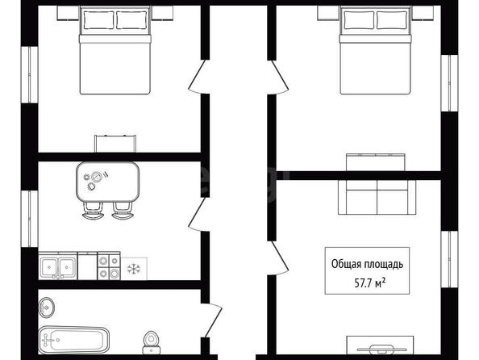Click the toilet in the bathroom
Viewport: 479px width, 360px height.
pos(152,342)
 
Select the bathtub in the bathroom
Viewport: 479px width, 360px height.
pos(74,340)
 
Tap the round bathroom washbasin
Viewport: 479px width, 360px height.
pos(47,307)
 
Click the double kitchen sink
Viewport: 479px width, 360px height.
pos(58,266)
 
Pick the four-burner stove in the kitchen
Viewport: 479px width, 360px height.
pos(109,266)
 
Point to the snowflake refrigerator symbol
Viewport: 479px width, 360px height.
pos(134,269)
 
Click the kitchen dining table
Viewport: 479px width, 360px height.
pos(108,182)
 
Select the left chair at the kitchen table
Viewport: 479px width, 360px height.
pos(93,211)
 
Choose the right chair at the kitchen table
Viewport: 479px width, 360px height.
pos(123,211)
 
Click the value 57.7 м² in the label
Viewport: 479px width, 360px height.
pos(369,283)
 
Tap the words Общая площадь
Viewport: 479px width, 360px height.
pos(367,264)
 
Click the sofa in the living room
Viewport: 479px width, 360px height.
pos(377,197)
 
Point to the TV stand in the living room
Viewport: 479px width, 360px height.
pos(380,345)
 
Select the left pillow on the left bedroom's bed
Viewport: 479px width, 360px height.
pos(98,20)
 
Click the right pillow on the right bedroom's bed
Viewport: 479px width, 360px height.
pos(392,20)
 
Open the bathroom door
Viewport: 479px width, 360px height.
pos(212,320)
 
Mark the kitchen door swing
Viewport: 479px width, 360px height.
pos(195,214)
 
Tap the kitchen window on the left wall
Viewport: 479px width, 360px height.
pos(29,219)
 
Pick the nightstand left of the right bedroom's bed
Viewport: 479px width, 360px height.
pos(329,13)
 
